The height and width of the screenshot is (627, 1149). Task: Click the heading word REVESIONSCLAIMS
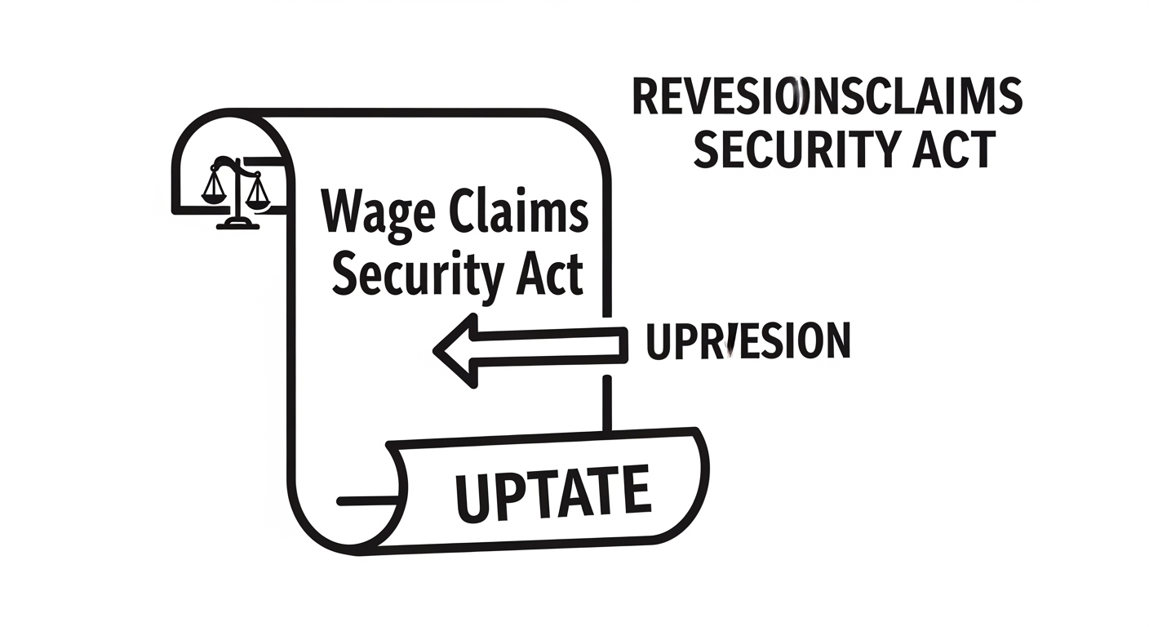(x=827, y=97)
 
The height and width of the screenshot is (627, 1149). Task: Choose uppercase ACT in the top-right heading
(x=956, y=149)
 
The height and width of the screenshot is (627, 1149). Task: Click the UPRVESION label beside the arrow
(x=748, y=341)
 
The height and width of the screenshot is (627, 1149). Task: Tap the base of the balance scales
(x=238, y=223)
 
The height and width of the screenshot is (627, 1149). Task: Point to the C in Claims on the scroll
(x=464, y=211)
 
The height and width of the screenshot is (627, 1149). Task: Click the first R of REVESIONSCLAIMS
(x=647, y=97)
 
